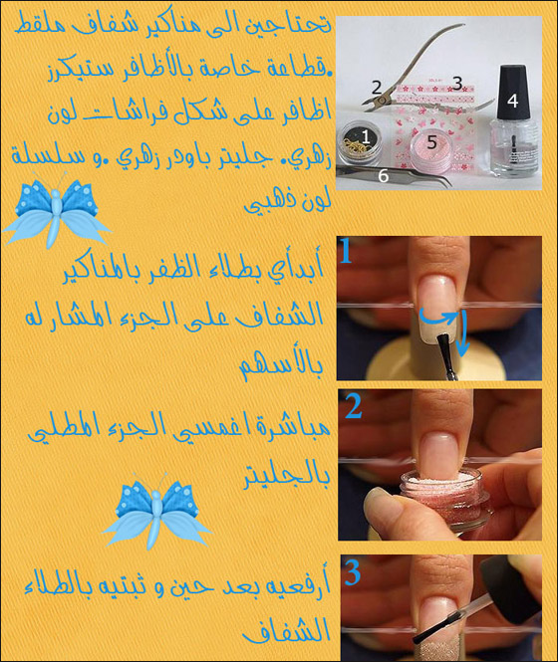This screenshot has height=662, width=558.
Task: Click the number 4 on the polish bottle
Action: pos(512,100)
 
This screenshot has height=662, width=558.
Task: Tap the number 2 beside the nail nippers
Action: pos(376,88)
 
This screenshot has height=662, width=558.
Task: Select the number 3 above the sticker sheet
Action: pos(456,83)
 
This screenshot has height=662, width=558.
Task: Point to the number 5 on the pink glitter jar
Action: pos(431,141)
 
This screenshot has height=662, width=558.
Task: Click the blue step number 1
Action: pos(346,251)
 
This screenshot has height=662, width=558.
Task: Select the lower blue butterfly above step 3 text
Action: pos(156,514)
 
